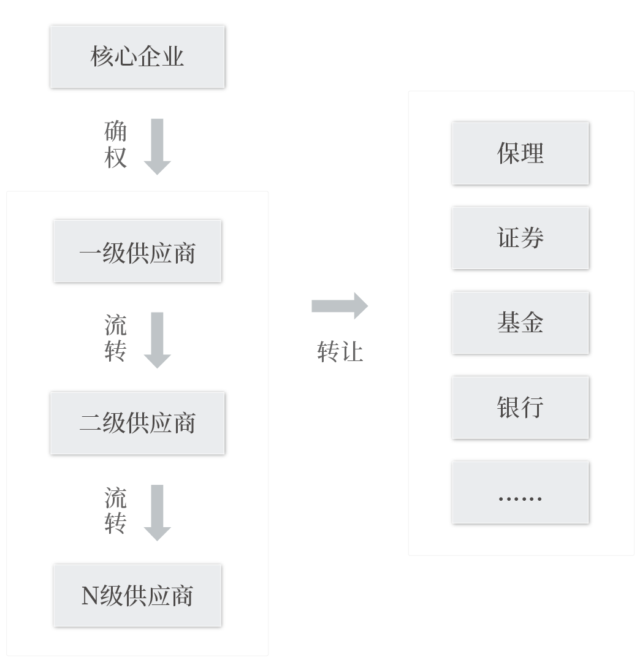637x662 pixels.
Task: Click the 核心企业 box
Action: (137, 57)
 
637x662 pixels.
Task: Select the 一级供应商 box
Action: (137, 251)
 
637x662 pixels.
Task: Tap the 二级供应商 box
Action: (137, 423)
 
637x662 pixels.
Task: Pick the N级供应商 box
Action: (137, 596)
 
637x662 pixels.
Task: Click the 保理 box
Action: (521, 153)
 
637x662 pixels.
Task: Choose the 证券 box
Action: (521, 238)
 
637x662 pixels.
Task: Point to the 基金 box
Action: (521, 322)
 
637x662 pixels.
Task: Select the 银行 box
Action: (521, 407)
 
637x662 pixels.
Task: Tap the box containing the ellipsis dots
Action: (521, 492)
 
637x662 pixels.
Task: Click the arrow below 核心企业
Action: (157, 146)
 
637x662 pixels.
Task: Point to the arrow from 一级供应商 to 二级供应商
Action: (157, 340)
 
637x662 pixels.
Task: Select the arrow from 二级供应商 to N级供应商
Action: (157, 512)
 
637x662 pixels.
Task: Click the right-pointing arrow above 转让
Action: (340, 305)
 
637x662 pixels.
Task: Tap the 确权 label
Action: (115, 145)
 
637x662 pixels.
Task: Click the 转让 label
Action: (340, 352)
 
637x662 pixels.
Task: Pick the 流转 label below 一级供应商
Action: (115, 338)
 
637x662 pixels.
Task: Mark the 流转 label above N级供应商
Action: (115, 511)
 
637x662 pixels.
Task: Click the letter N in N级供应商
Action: (90, 596)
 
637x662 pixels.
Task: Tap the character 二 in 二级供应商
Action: (90, 424)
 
